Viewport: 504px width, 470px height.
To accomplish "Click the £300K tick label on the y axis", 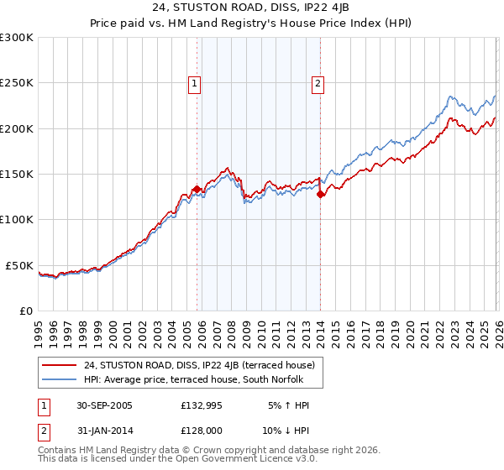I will click(x=17, y=38).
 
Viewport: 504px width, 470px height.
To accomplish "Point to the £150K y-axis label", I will click(x=17, y=174).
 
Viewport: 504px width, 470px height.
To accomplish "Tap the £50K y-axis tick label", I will click(x=19, y=265).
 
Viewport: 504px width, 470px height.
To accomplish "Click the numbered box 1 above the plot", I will click(x=194, y=83).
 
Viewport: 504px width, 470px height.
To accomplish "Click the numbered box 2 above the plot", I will click(x=318, y=83).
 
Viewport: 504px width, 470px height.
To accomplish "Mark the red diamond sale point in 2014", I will click(x=321, y=194).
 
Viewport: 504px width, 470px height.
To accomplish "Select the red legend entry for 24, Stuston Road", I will click(x=199, y=365).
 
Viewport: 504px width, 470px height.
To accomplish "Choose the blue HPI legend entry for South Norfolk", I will click(x=199, y=380).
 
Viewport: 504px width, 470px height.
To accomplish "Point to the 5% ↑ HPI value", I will click(x=286, y=405).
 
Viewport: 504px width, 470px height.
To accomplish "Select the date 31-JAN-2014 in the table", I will click(x=102, y=431).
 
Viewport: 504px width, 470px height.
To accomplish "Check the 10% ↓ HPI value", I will click(x=286, y=431).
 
